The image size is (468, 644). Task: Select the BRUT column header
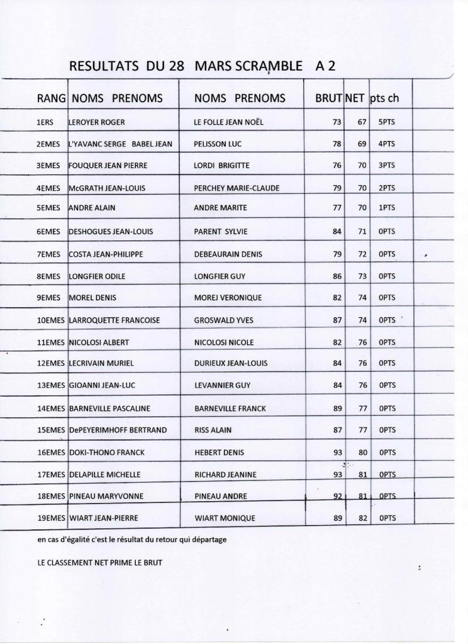pos(328,98)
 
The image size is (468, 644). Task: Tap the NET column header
pos(355,98)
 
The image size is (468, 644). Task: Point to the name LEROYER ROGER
pos(96,122)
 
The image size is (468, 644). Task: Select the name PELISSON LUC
pos(218,144)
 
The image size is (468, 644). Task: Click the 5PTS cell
pos(387,122)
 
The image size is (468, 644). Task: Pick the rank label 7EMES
pos(48,254)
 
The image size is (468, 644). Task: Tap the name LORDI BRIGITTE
pos(222,166)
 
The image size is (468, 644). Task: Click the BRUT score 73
pos(337,122)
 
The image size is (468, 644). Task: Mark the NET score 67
pos(362,122)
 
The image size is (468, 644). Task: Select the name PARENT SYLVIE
pos(221,232)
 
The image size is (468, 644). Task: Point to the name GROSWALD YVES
pos(224,320)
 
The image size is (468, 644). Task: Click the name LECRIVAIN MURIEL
pos(101,363)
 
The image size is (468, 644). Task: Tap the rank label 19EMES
pos(52,518)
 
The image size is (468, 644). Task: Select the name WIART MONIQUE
pos(225,518)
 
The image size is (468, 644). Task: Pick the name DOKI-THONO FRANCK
pos(106,452)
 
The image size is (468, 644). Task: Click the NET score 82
pos(362,518)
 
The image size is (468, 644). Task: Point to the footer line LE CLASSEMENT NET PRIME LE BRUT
pos(99,563)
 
